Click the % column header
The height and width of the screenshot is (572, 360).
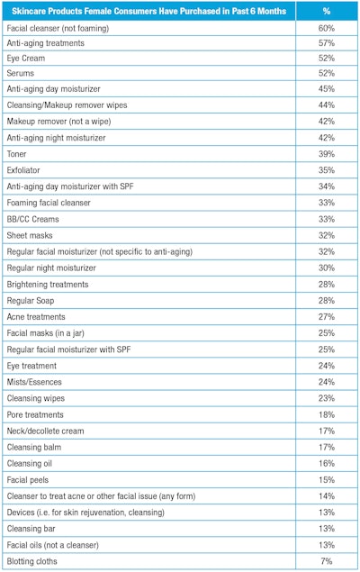[x=326, y=11]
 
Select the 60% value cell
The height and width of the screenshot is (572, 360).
[x=326, y=29]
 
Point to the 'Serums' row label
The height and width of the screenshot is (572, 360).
[x=22, y=74]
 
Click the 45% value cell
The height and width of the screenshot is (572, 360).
[x=326, y=89]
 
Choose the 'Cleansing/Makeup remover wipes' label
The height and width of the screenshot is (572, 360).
[x=67, y=105]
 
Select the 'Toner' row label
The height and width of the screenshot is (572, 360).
[x=19, y=154]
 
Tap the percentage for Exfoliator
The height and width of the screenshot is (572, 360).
[x=326, y=170]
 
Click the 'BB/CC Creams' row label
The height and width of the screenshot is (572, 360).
[x=35, y=219]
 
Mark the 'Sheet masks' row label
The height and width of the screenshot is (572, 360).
[x=32, y=235]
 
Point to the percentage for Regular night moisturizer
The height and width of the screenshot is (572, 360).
[x=326, y=268]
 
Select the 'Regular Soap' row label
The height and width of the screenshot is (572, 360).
[x=34, y=301]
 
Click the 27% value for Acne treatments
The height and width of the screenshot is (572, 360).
[x=326, y=317]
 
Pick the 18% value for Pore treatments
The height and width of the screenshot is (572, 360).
[x=326, y=414]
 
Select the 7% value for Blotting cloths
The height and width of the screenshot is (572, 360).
[x=326, y=561]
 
